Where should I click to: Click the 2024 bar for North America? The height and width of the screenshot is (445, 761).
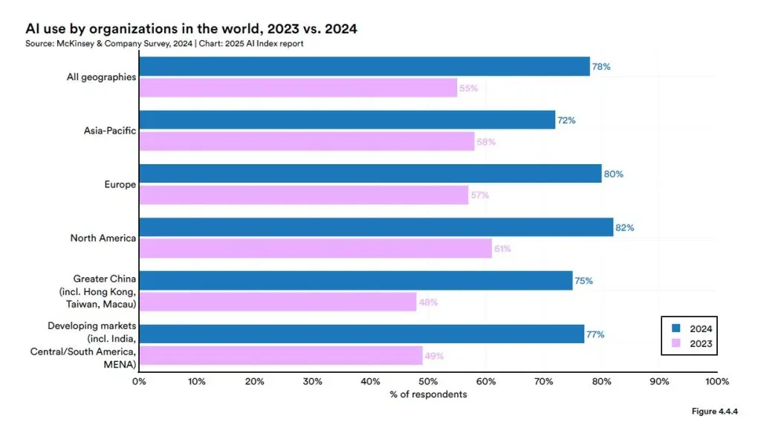point(375,227)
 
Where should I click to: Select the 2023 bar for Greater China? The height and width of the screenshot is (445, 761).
point(277,302)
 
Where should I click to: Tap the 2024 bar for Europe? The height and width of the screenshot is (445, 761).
point(369,174)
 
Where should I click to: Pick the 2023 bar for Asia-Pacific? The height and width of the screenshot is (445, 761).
point(306,141)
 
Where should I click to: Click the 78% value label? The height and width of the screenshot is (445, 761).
point(600,67)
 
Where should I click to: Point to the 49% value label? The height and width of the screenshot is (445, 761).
point(434,356)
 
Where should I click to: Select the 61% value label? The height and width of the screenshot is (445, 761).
point(502,249)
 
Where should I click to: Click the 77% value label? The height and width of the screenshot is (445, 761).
point(595,334)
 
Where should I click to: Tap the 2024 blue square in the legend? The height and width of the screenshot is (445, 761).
point(676,328)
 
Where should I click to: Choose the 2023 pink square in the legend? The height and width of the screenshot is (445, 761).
point(676,343)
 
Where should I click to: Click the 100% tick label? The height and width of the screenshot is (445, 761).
point(717,381)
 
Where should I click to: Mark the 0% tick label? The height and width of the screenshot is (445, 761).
point(139,381)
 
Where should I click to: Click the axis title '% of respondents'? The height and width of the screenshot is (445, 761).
point(428,394)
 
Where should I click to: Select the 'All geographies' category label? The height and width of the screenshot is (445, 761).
point(101,77)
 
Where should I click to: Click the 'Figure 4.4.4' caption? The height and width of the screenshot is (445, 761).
point(715,412)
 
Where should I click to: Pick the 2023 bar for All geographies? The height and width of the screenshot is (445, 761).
point(297,88)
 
